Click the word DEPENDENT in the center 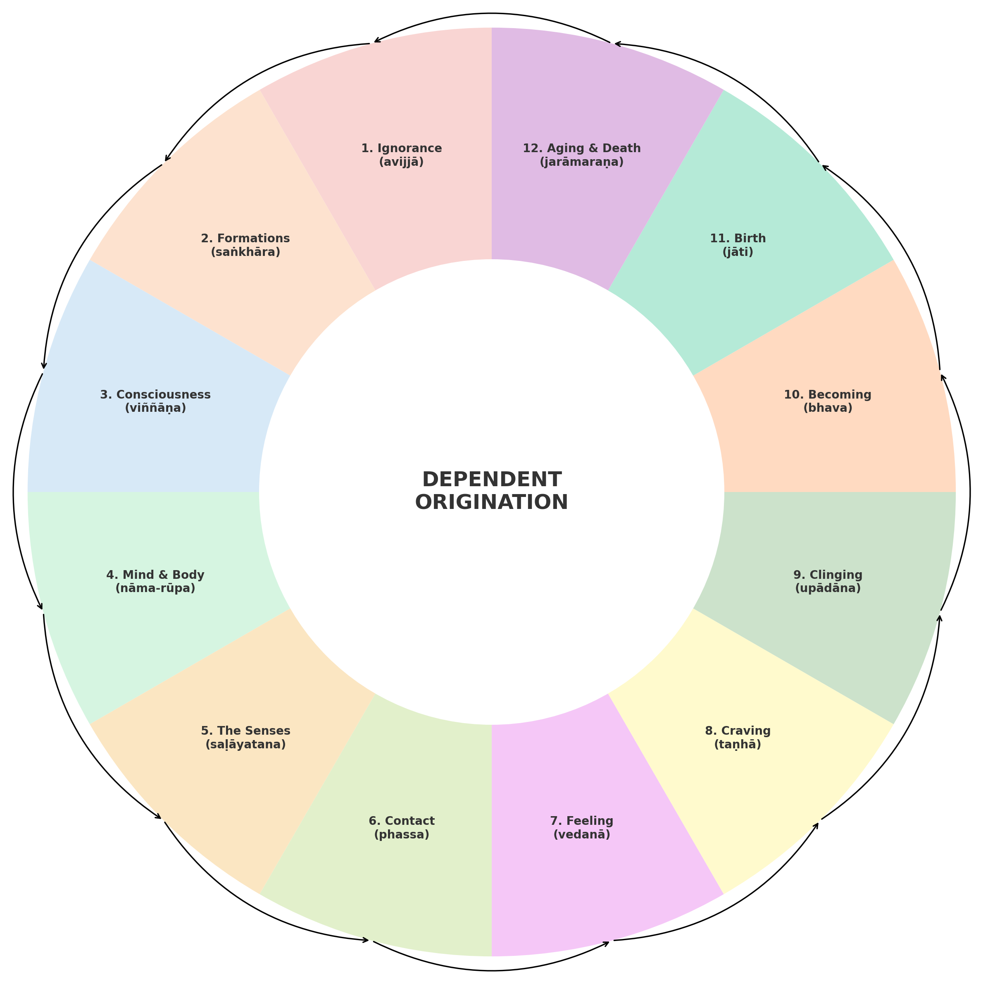[x=491, y=480]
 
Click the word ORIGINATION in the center [x=491, y=503]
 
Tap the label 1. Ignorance [x=401, y=148]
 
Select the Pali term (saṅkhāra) [x=245, y=252]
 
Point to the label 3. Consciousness [x=155, y=394]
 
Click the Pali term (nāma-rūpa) [x=155, y=588]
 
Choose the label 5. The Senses [x=245, y=731]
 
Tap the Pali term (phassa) [x=401, y=834]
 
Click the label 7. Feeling [x=581, y=821]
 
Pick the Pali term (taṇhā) [x=737, y=744]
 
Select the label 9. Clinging [x=828, y=575]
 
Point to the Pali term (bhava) [x=828, y=408]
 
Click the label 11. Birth [x=737, y=239]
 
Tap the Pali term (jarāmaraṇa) [x=581, y=162]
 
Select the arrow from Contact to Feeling [x=491, y=970]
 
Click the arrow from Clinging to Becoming [x=969, y=492]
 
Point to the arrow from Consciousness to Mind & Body [x=14, y=492]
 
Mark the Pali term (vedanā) [x=581, y=834]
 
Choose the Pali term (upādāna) [x=828, y=588]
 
